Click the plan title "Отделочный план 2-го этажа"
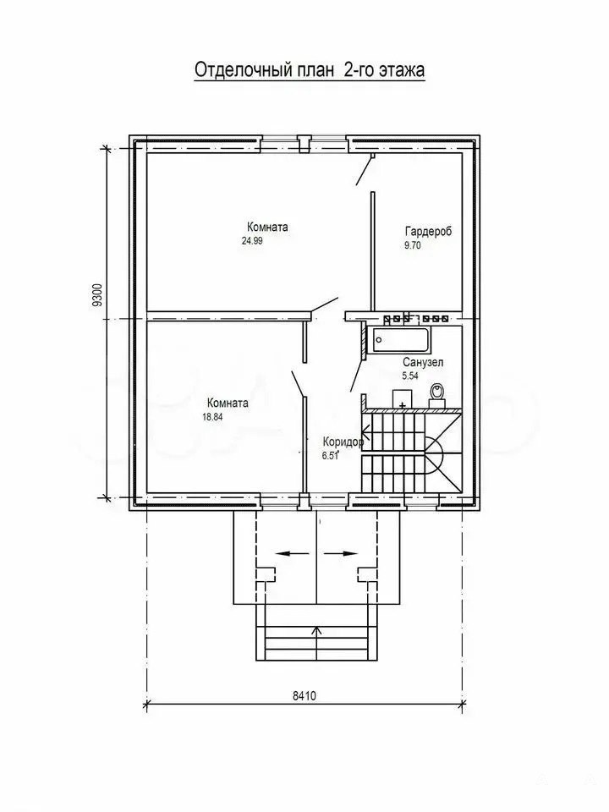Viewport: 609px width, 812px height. (x=310, y=70)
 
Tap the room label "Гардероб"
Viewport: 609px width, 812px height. (x=428, y=231)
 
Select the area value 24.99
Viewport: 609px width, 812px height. (x=252, y=240)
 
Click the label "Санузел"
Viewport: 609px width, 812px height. (x=423, y=363)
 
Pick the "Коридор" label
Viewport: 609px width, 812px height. (x=343, y=442)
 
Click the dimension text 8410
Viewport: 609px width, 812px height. (x=304, y=696)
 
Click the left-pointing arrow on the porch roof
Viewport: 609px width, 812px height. (x=290, y=553)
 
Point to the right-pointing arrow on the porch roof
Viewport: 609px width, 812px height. (x=341, y=553)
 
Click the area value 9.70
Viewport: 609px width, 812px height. (x=412, y=245)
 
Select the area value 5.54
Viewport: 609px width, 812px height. (x=410, y=376)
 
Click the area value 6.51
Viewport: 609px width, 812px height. (x=330, y=456)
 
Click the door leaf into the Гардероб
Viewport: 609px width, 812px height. (x=365, y=169)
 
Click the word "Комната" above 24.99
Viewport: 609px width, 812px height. (x=268, y=227)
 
